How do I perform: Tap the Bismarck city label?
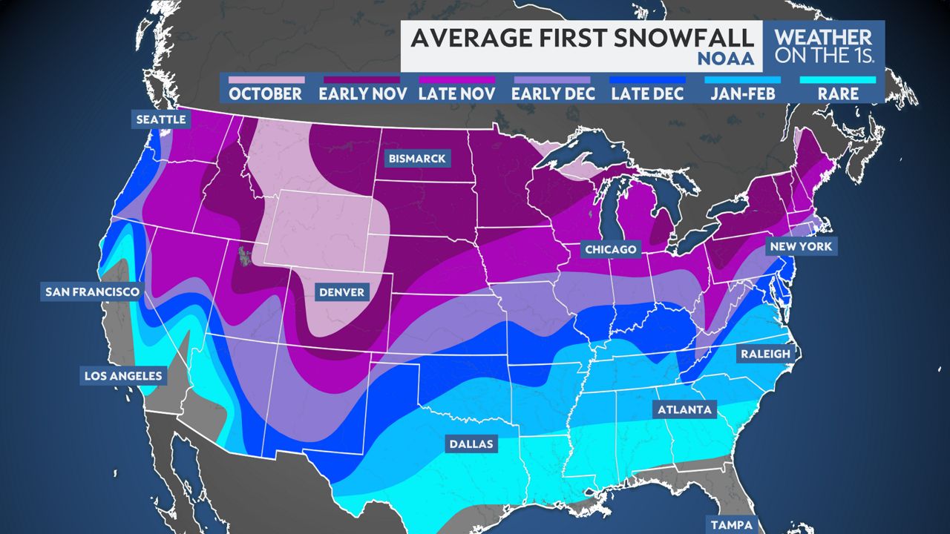(416, 159)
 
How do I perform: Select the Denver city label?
(341, 292)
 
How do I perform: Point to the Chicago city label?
(610, 249)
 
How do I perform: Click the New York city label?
(801, 246)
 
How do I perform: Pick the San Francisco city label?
(92, 292)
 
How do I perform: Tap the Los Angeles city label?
(122, 376)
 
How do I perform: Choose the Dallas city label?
(471, 445)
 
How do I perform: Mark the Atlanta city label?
(683, 409)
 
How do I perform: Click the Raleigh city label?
(765, 355)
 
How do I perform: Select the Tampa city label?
(729, 524)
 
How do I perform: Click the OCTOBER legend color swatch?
(266, 79)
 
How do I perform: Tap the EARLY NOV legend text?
(359, 94)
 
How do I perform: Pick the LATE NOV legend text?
(456, 94)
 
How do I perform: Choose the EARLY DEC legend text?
(551, 94)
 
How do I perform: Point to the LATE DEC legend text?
(646, 94)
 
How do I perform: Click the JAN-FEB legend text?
(743, 94)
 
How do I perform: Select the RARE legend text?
(838, 94)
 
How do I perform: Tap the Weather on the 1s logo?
(822, 46)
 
